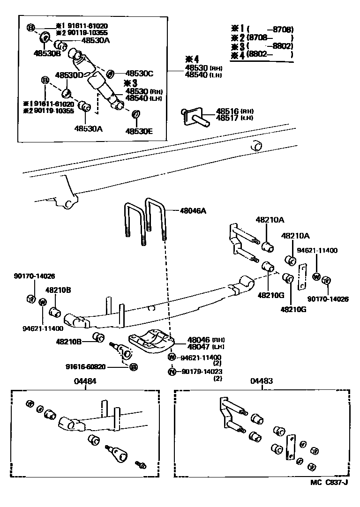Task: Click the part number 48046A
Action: click(193, 211)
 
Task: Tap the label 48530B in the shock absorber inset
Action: click(47, 53)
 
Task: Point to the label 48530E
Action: click(139, 131)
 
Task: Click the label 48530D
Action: click(69, 75)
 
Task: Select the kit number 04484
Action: click(85, 381)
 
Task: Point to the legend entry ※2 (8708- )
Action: click(262, 38)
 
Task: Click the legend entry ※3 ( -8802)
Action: click(262, 46)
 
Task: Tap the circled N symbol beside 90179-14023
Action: click(172, 372)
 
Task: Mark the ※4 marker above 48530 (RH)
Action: click(191, 59)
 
